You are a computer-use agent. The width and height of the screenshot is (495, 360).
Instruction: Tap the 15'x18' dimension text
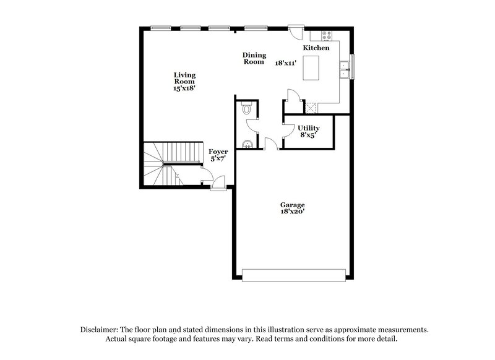pyautogui.click(x=184, y=89)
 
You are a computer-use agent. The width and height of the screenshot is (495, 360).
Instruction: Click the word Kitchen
pyautogui.click(x=316, y=48)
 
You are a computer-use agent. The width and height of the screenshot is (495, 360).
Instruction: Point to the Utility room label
pyautogui.click(x=309, y=128)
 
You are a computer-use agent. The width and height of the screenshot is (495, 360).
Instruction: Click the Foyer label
pyautogui.click(x=218, y=152)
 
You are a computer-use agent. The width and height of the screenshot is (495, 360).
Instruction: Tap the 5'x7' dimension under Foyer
pyautogui.click(x=218, y=158)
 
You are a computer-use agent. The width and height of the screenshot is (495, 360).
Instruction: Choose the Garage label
pyautogui.click(x=293, y=205)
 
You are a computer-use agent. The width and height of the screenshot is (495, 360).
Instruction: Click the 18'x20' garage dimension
pyautogui.click(x=293, y=212)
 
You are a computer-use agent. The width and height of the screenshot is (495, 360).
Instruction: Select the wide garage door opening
pyautogui.click(x=294, y=275)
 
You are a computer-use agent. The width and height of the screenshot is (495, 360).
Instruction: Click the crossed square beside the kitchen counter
pyautogui.click(x=312, y=107)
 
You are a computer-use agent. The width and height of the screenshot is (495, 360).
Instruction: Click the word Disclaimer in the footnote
pyautogui.click(x=100, y=330)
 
